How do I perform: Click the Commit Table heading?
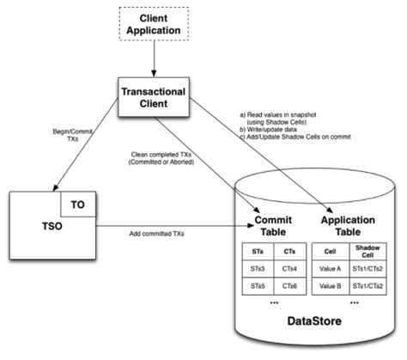coord(275,226)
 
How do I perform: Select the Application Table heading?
coord(346,226)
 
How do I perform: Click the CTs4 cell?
coord(291,267)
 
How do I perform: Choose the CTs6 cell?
coord(291,285)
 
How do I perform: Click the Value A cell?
coord(331,267)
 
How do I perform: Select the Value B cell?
coord(331,285)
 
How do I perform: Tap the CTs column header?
coord(291,250)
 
